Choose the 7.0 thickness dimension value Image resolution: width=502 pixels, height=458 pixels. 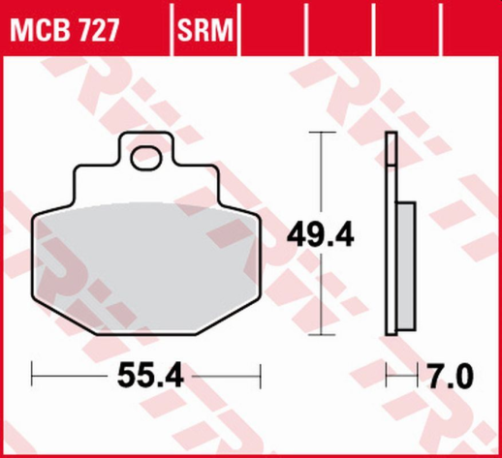450,372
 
